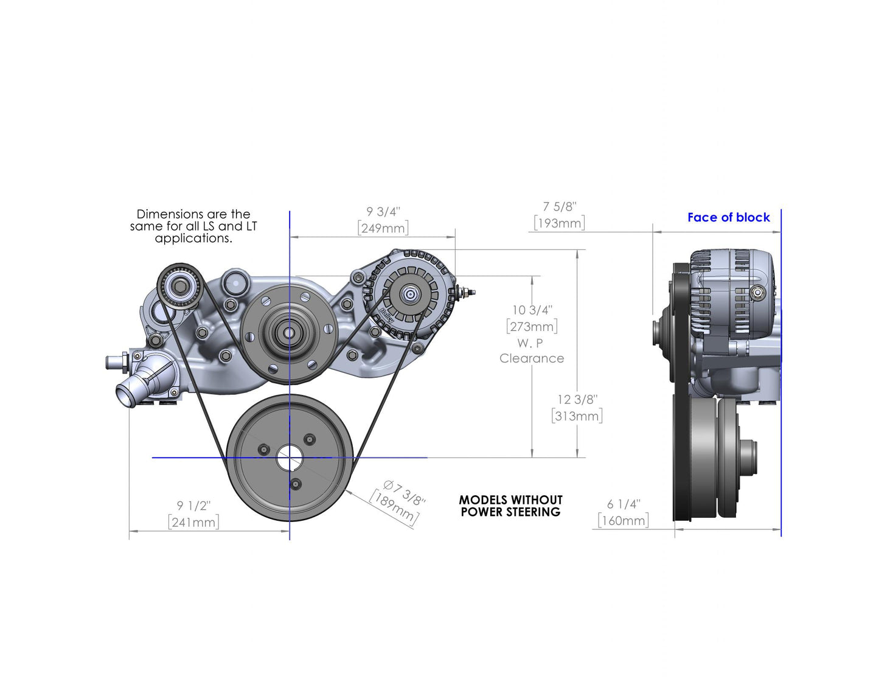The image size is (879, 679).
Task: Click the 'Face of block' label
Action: tap(728, 217)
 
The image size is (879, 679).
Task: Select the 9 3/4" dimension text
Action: tap(383, 212)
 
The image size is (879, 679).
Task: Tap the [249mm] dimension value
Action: tap(383, 228)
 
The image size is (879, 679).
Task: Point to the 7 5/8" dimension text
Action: tap(560, 207)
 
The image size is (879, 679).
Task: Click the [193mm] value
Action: tap(560, 223)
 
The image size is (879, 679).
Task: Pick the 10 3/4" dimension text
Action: tap(532, 310)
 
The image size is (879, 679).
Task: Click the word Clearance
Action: tap(532, 358)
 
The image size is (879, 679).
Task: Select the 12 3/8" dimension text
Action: tap(577, 400)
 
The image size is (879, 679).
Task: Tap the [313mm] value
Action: tap(577, 416)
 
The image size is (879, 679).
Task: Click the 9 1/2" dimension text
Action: tap(193, 506)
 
